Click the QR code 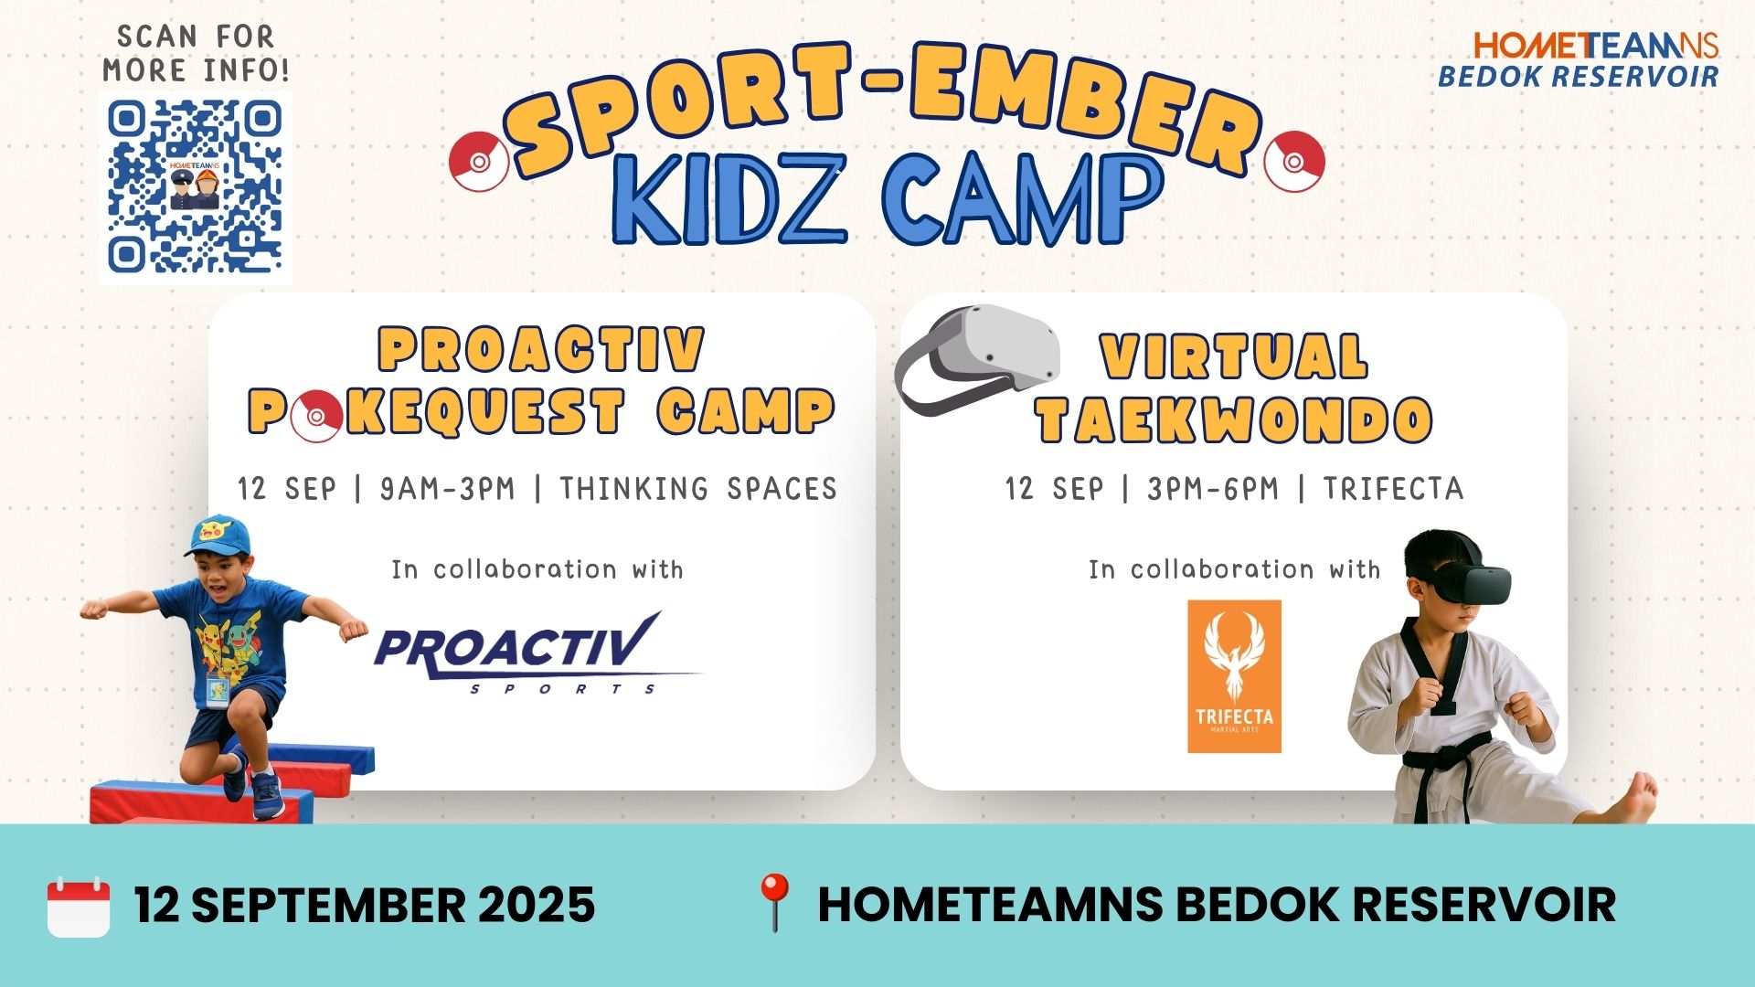[195, 186]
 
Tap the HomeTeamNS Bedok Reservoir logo [1579, 60]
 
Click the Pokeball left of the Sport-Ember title [479, 161]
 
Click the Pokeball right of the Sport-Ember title [1293, 161]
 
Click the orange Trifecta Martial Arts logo [1234, 676]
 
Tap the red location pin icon [774, 902]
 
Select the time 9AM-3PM [447, 489]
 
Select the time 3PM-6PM [1213, 489]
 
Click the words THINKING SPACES [698, 489]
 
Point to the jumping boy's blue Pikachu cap [218, 535]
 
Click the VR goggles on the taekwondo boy [1459, 582]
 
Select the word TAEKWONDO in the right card [1234, 420]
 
